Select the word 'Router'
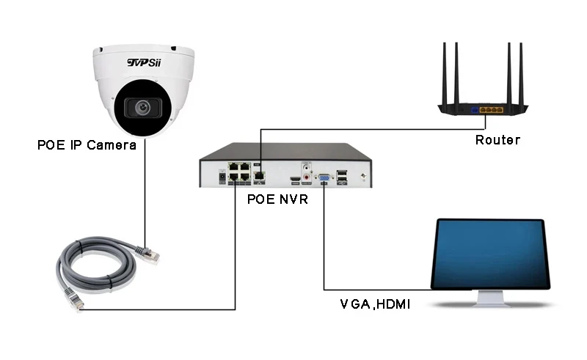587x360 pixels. (x=497, y=140)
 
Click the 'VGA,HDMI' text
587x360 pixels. (x=375, y=303)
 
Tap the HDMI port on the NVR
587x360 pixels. (x=293, y=178)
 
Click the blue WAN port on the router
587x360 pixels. (x=474, y=110)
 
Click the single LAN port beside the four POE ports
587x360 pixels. (x=260, y=176)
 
